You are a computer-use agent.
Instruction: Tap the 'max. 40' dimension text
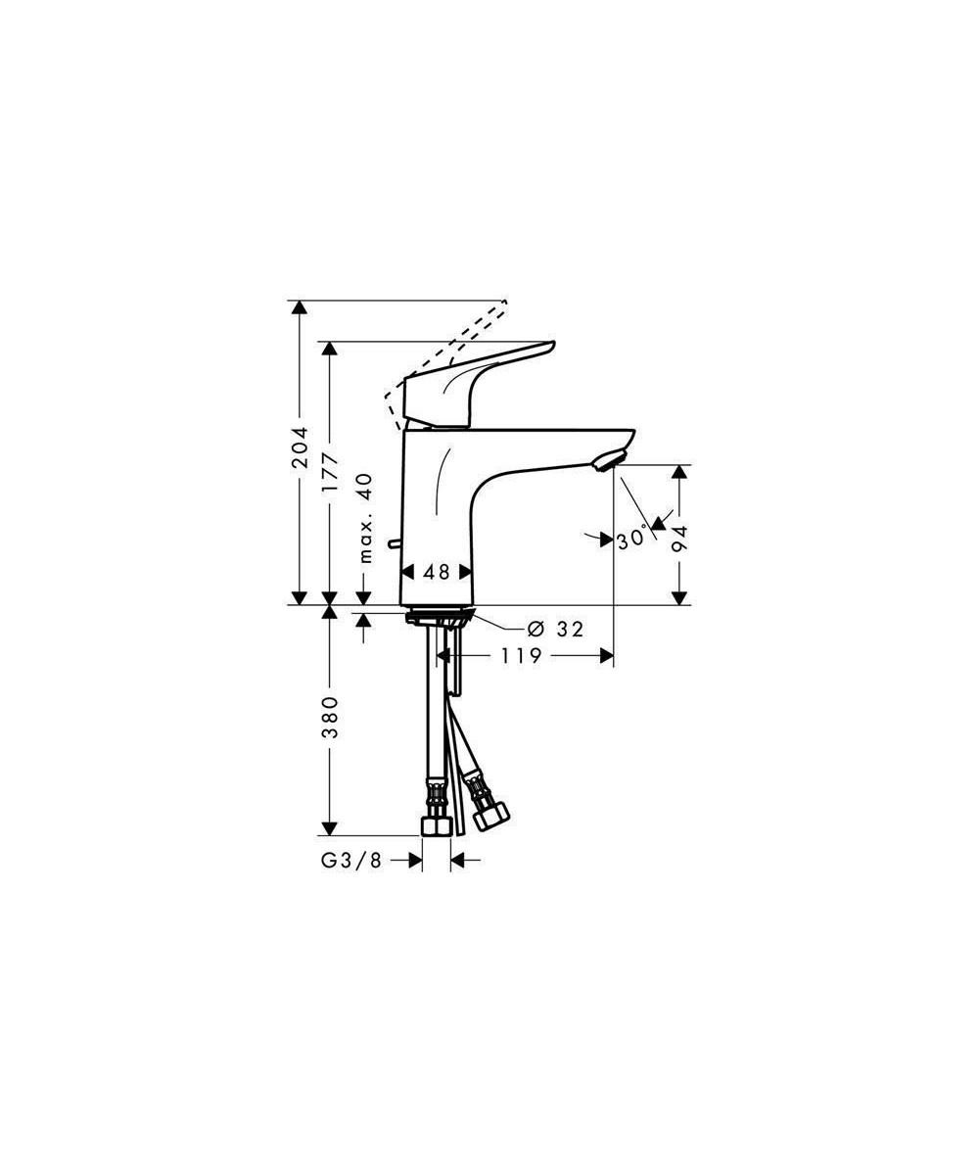[x=366, y=518]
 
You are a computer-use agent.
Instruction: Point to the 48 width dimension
[x=437, y=572]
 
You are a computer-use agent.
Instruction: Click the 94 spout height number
[x=680, y=539]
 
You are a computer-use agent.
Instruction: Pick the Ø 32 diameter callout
[x=556, y=629]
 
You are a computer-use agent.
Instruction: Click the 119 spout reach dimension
[x=522, y=656]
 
